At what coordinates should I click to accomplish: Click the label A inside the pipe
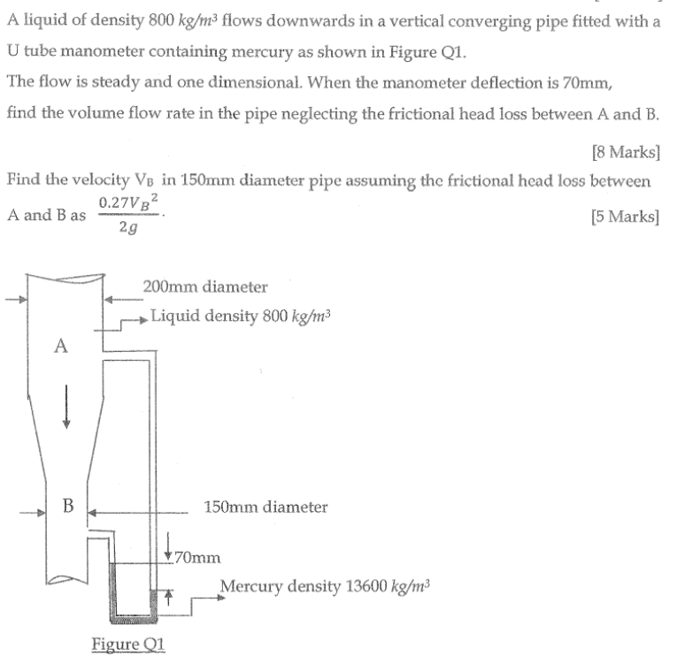tap(60, 347)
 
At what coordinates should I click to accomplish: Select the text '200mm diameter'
tap(204, 286)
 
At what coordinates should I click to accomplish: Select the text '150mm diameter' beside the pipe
tap(265, 507)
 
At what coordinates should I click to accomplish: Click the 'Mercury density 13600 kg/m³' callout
tap(323, 585)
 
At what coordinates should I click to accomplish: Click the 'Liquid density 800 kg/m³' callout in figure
tap(241, 317)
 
